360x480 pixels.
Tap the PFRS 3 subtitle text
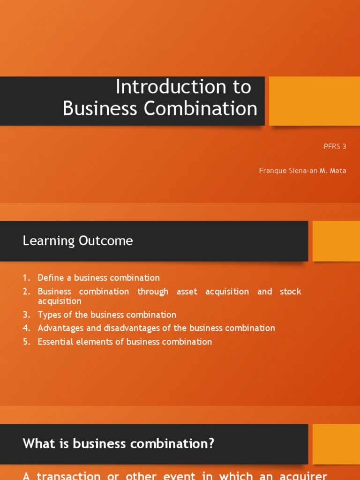point(335,146)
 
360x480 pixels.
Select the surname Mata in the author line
point(338,171)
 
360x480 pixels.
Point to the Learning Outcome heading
point(78,241)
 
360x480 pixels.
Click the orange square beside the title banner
point(314,101)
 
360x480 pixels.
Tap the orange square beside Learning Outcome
point(336,241)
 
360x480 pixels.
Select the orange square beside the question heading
point(336,444)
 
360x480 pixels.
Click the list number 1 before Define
point(25,277)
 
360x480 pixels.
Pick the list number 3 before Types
point(25,315)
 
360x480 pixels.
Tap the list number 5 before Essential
point(25,342)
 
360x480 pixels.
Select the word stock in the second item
point(291,292)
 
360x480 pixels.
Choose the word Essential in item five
point(56,342)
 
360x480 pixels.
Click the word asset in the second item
point(187,292)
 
